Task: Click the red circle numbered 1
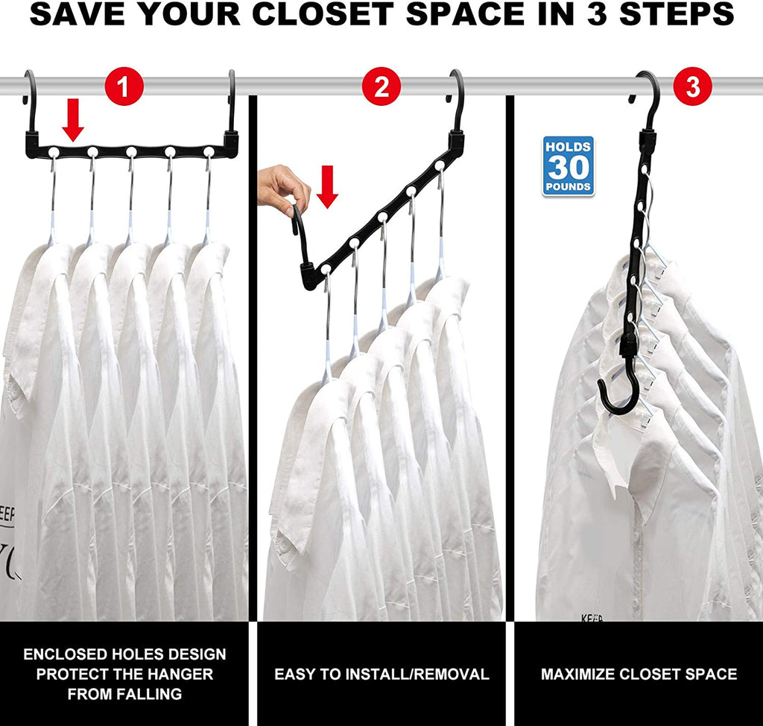(123, 89)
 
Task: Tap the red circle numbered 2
(381, 89)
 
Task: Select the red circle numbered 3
(692, 88)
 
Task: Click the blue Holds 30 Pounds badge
(569, 165)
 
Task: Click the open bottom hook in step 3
(618, 395)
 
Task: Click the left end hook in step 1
(31, 93)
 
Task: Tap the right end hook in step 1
(231, 93)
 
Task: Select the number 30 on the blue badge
(569, 166)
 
